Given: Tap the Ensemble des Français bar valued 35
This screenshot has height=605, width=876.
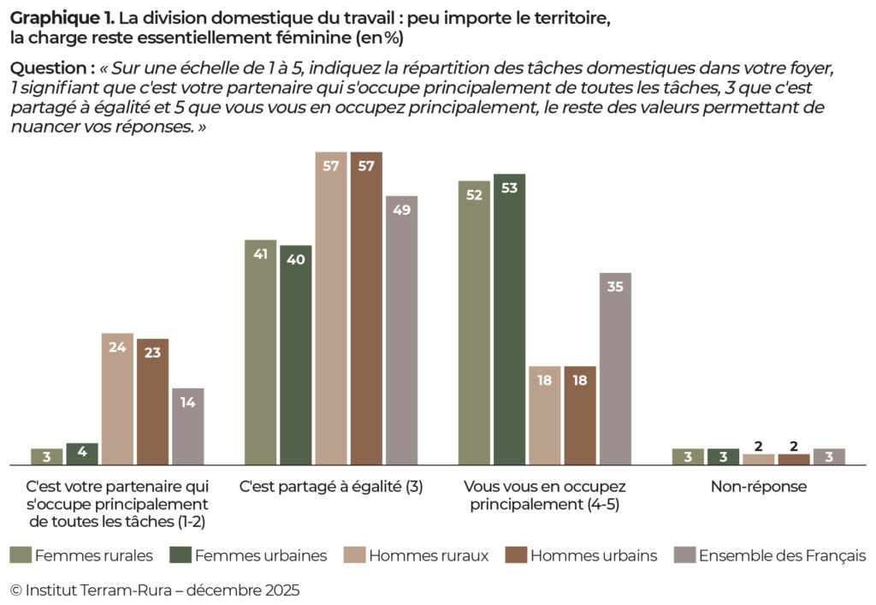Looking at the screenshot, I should tap(615, 369).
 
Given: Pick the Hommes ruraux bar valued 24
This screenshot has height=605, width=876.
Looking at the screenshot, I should tap(117, 399).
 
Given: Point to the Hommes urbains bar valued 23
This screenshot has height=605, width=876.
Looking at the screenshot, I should tap(152, 401).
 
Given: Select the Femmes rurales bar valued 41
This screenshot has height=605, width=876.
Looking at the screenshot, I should tap(260, 353).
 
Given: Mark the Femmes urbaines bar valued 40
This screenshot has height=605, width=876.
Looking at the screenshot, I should tap(295, 355).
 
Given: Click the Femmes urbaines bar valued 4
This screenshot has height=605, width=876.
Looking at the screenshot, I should tap(82, 454).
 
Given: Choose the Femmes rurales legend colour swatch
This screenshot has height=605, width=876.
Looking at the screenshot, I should tap(20, 555).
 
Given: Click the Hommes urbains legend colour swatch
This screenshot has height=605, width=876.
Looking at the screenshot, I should tap(515, 555).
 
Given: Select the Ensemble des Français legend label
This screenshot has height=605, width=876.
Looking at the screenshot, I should tap(782, 555).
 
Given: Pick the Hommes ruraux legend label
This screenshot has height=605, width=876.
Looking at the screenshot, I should tap(429, 555).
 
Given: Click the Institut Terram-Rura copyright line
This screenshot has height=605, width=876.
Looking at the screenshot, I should tap(155, 590).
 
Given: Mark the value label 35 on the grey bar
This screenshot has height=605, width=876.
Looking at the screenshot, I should tap(615, 288).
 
